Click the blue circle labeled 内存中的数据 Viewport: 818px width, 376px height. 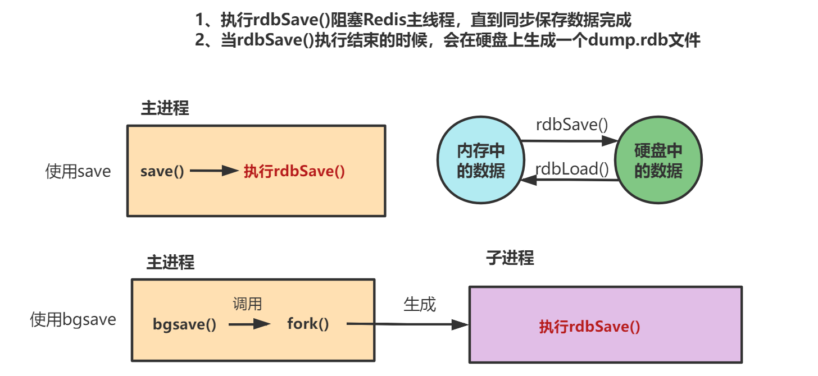coord(480,161)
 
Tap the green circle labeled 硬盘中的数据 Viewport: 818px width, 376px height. coord(658,161)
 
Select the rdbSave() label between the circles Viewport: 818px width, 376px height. coord(572,125)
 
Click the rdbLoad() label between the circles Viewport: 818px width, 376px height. coord(572,168)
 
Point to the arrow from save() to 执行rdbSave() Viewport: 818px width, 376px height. coord(215,171)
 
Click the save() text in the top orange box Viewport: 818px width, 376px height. coord(162,171)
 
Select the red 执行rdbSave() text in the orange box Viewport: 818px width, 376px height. coord(294,171)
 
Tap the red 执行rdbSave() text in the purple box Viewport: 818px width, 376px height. coord(589,327)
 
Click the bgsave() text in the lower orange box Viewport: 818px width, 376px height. coord(184,324)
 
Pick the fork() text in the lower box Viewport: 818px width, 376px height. coord(308,324)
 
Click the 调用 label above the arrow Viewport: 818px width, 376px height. coord(248,304)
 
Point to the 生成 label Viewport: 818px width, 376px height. coord(420,304)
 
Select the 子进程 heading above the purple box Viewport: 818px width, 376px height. coord(510,258)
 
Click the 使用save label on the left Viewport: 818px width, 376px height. coord(78,171)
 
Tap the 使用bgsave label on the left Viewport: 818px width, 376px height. coord(73,320)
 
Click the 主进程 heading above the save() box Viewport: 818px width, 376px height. coord(165,108)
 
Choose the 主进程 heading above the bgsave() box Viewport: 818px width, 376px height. coord(171,262)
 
